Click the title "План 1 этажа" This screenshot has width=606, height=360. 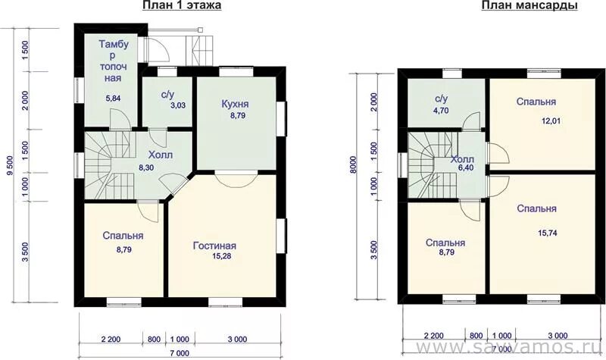pos(182,5)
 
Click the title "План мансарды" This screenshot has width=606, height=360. pos(529,6)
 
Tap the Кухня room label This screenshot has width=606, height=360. pos(235,104)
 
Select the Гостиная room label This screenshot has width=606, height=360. pos(214,246)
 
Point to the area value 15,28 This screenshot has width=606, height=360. pos(221,255)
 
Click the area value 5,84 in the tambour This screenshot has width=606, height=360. pos(113,99)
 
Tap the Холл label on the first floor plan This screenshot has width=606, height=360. pos(161,155)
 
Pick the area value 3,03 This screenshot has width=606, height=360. pos(178,105)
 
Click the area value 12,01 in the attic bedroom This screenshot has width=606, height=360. pos(551,121)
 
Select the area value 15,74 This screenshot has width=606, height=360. pos(547,233)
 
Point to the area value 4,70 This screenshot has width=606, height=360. pos(441,111)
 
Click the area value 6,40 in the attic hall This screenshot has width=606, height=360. pos(466,167)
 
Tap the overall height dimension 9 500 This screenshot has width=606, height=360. pos(10,166)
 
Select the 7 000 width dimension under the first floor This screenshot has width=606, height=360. pos(180,353)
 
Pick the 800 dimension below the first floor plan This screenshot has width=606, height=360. pos(154,340)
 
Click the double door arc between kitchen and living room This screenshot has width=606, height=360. pos(235,180)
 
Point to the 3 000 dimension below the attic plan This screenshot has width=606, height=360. pos(558,336)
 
